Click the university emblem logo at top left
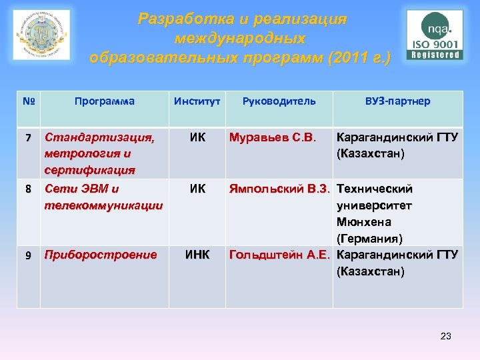tap(41, 34)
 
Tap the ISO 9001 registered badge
tap(435, 35)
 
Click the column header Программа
tap(105, 101)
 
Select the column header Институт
tap(197, 101)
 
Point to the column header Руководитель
tap(280, 101)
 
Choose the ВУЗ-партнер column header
tap(398, 101)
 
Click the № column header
tap(28, 101)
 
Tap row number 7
tap(28, 139)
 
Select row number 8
tap(28, 189)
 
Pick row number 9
tap(28, 255)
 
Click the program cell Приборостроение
tap(101, 255)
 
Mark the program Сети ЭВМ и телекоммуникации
tap(103, 197)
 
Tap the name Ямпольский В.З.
tap(281, 189)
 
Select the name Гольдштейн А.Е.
tap(281, 255)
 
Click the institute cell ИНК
tap(197, 255)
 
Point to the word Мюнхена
tap(364, 222)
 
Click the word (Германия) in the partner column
tap(369, 239)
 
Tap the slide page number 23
tap(445, 336)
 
